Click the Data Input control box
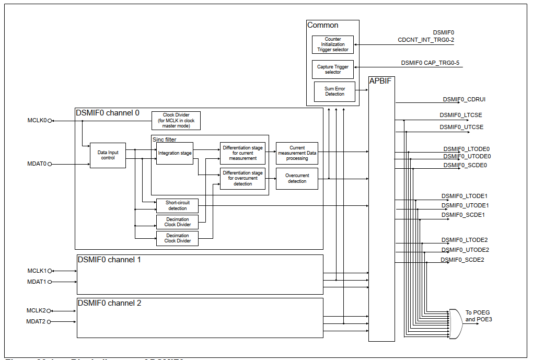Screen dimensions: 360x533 108,155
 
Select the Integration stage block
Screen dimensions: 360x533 175,153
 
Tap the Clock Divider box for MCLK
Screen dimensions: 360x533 176,121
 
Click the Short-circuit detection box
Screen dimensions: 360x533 177,206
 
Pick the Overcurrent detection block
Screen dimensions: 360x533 297,178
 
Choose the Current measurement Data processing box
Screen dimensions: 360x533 297,153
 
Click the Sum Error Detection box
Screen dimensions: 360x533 334,91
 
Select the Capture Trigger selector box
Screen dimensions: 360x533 333,69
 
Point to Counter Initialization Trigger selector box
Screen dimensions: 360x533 333,44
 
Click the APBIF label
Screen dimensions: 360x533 380,81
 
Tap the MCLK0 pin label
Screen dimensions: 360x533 37,120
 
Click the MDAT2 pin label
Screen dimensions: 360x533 37,321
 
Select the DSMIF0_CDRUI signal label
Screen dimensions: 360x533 465,99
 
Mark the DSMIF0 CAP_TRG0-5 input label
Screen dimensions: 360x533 430,63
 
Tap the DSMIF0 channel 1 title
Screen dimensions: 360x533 109,260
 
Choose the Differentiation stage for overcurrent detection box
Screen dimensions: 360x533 242,178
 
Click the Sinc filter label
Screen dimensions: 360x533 164,140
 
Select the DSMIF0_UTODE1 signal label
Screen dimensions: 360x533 465,205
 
